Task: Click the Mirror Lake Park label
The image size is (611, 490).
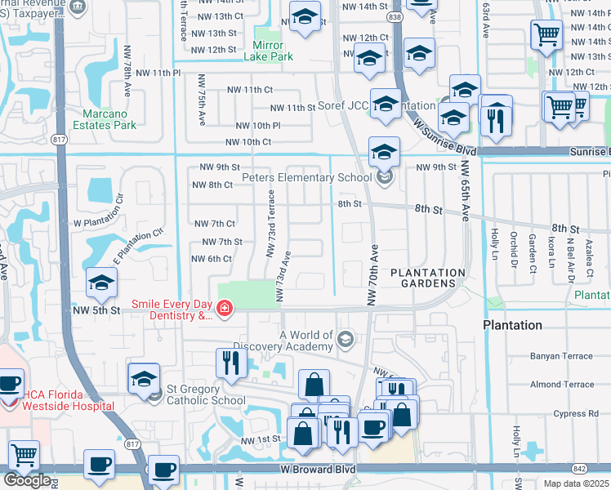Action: pos(268,51)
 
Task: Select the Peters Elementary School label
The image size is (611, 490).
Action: pos(307,178)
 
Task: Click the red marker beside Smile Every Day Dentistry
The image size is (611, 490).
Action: pos(223,309)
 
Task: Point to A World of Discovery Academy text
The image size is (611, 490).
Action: pos(306,341)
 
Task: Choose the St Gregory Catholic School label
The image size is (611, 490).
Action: pos(206,394)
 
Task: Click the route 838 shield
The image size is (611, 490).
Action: pos(395,16)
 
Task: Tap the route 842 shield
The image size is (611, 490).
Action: pos(580,468)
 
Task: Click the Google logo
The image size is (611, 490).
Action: pos(27,479)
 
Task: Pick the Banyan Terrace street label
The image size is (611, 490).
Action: pos(561,355)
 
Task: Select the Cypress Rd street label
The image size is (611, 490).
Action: pos(575,413)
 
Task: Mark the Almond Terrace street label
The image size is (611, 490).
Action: pos(562,384)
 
